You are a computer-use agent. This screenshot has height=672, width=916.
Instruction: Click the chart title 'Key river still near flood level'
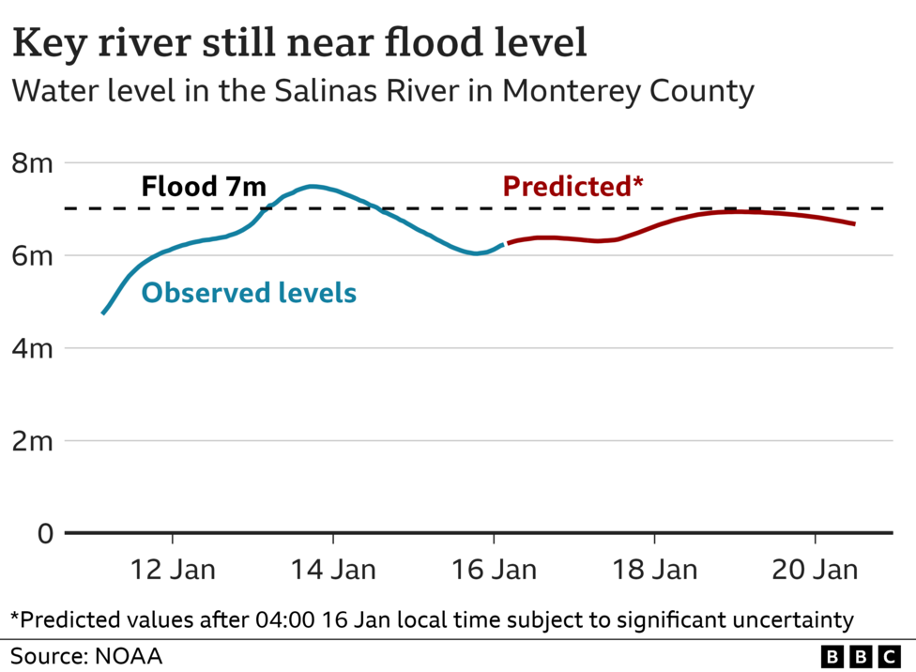[299, 43]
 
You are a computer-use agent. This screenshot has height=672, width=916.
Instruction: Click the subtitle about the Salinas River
[382, 92]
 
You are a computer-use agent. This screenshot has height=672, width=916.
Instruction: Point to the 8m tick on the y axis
[31, 163]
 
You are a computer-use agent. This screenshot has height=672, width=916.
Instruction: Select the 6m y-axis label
[31, 255]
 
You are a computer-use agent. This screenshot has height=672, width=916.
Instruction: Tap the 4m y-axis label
[31, 348]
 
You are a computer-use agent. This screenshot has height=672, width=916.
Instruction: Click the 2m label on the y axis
[31, 441]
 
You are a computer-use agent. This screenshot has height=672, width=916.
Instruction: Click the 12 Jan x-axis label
[173, 570]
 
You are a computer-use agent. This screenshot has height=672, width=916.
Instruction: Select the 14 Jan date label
[333, 570]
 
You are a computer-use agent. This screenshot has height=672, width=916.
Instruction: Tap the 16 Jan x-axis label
[494, 570]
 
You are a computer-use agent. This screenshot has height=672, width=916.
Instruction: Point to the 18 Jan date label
[654, 570]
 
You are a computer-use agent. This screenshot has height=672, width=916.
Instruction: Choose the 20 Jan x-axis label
[815, 570]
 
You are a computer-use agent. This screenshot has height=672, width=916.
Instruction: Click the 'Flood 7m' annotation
[204, 186]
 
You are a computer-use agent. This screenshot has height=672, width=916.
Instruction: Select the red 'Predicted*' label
[572, 186]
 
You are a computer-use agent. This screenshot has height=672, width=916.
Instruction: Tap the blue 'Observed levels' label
[249, 293]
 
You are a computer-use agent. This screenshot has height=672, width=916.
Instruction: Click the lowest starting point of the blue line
[103, 313]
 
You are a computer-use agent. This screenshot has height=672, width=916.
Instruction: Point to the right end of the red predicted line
[854, 223]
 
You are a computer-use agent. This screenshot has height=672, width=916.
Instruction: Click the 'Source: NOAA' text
[86, 655]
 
